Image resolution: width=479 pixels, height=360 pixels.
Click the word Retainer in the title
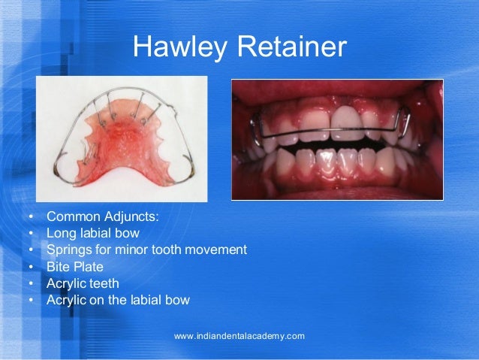[x=291, y=48]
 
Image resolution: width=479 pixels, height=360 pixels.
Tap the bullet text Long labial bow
[x=92, y=233]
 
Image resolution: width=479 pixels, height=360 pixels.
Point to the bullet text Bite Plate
[x=75, y=267]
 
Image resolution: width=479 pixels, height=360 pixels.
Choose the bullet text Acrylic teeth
[x=83, y=283]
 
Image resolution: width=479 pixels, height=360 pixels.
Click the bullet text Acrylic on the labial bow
[x=118, y=300]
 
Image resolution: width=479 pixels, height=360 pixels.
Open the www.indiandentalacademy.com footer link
[x=239, y=336]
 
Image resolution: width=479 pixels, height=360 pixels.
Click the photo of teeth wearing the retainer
[x=337, y=139]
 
